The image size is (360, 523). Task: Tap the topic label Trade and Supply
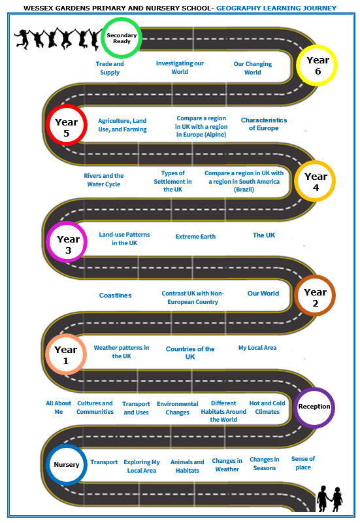click(x=110, y=68)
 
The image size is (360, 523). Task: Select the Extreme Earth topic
click(x=195, y=237)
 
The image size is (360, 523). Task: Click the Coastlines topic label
click(x=116, y=295)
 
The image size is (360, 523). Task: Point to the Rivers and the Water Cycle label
click(x=104, y=180)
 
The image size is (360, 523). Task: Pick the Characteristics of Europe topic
click(x=264, y=124)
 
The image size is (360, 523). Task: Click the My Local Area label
click(x=257, y=348)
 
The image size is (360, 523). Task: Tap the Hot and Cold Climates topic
click(x=267, y=407)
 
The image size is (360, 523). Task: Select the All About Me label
click(x=58, y=407)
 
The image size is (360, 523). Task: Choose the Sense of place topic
click(x=303, y=463)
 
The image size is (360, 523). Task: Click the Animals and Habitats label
click(x=188, y=466)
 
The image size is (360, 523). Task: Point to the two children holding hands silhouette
click(x=329, y=498)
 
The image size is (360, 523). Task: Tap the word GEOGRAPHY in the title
click(x=238, y=8)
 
